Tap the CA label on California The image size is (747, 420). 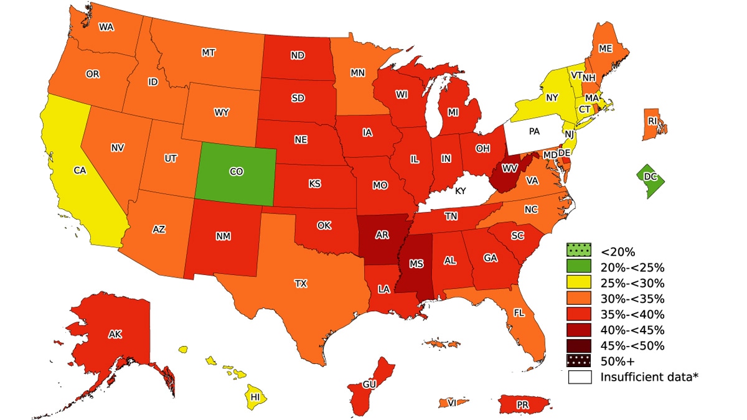click(80, 170)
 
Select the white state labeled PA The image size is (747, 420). click(535, 132)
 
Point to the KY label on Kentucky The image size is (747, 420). click(460, 191)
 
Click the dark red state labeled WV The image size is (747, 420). click(509, 169)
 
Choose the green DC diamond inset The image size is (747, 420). click(651, 178)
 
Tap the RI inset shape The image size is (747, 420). click(653, 121)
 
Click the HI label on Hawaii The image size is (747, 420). click(255, 396)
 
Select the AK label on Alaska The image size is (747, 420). click(115, 335)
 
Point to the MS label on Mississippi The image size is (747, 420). click(416, 264)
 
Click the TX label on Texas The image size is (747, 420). click(301, 284)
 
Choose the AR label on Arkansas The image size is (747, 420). click(383, 235)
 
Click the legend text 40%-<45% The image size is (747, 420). click(632, 330)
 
